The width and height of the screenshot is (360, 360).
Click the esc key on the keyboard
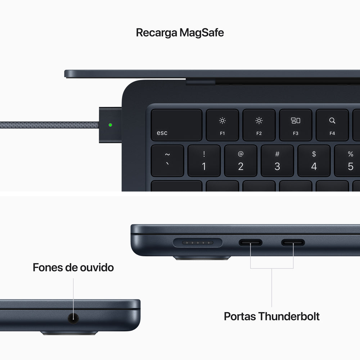point(176,125)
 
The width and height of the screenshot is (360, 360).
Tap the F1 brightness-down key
point(222,125)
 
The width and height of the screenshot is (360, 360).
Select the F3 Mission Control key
point(295,125)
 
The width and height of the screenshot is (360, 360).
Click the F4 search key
point(332,125)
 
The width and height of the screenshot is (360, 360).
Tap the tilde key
point(167,161)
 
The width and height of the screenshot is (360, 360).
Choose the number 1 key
point(204,161)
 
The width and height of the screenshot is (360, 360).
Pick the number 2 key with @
point(240,161)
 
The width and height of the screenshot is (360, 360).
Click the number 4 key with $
point(314,161)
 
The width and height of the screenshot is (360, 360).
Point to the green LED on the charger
point(110,125)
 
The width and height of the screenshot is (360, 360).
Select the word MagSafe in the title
point(202,33)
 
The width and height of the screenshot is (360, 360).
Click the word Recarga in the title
point(156,33)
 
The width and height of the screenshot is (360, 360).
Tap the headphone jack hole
point(74,318)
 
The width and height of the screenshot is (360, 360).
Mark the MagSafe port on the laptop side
point(198,243)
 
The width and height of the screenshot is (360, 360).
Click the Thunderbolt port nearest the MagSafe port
point(251,243)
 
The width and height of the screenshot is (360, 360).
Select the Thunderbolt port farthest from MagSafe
point(293,243)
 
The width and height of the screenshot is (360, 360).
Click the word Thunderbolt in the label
point(289,316)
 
